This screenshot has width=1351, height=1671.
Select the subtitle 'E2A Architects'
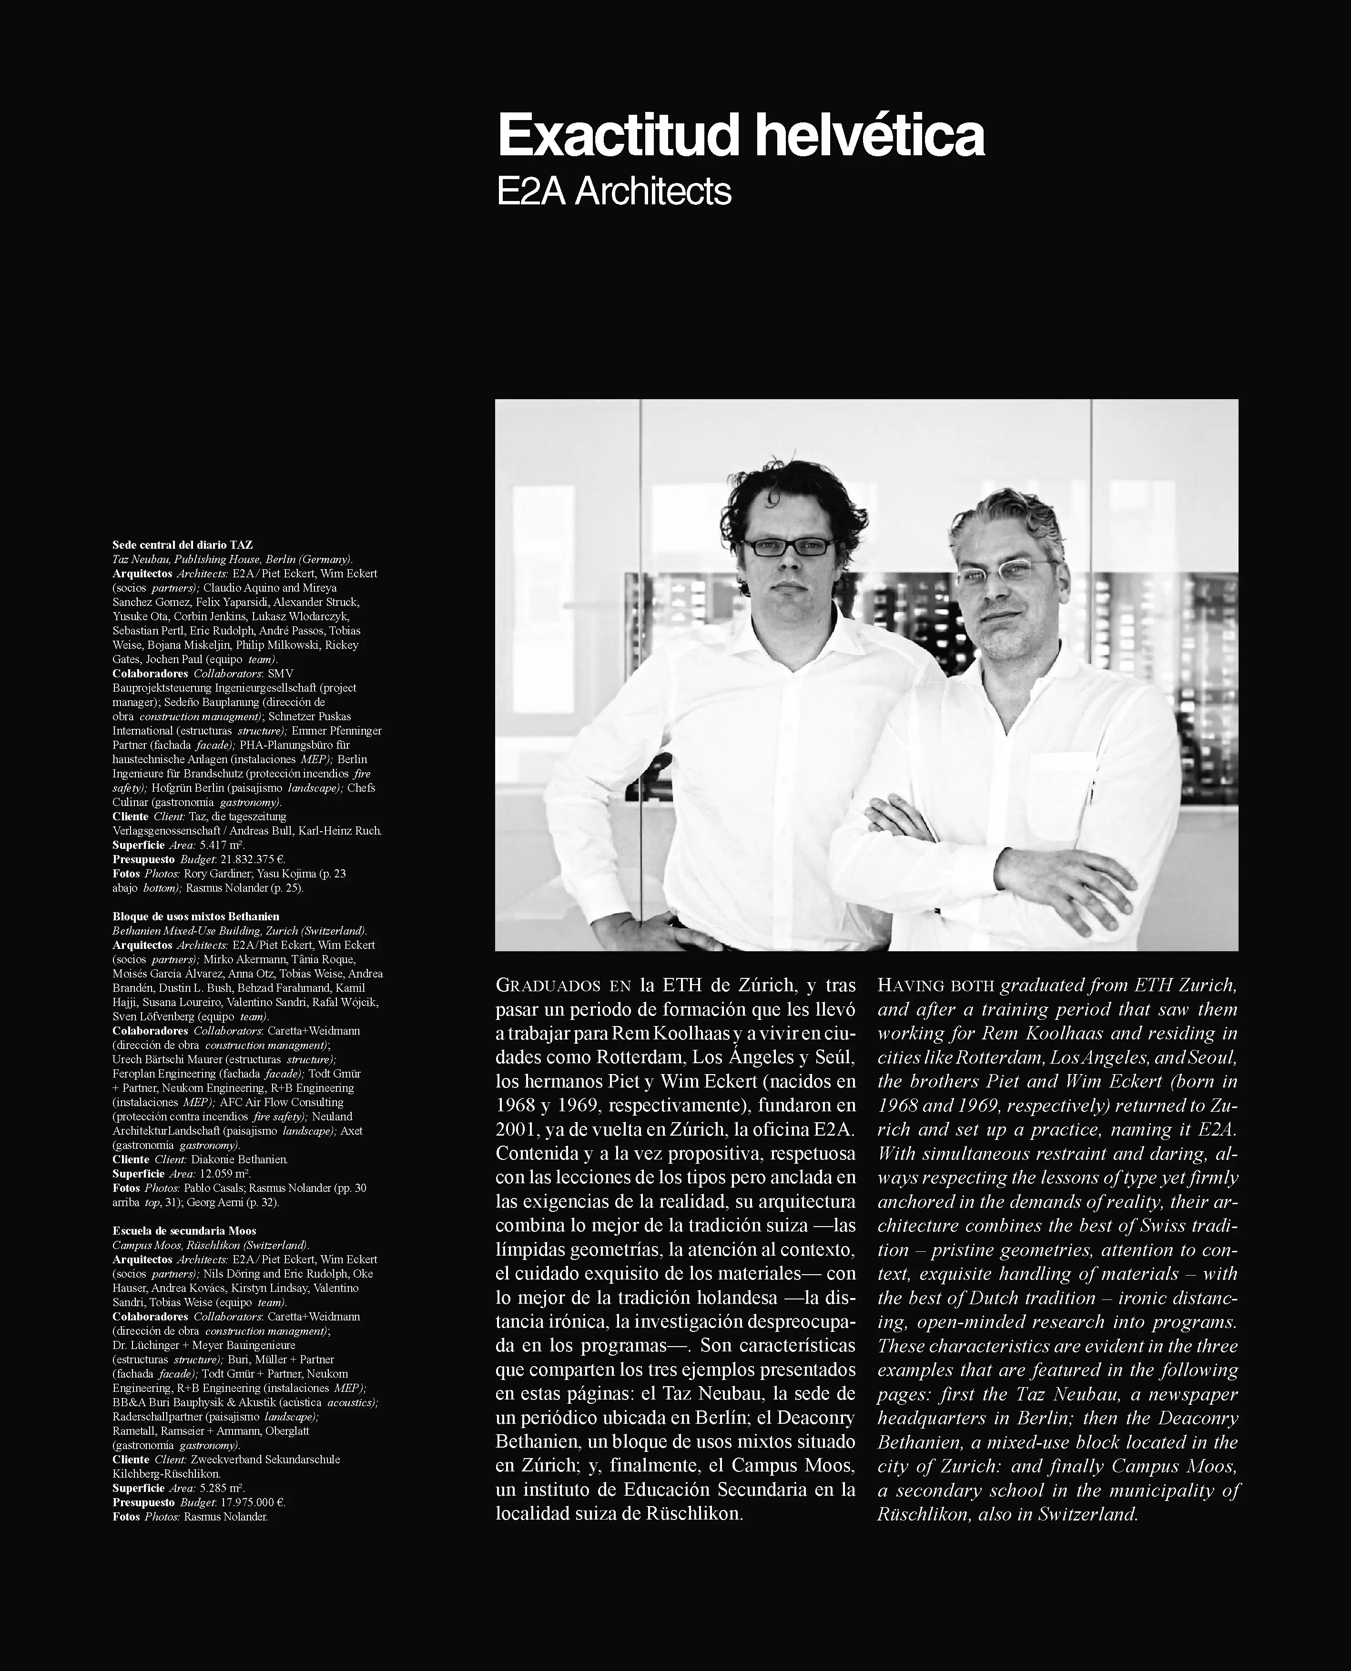pos(614,192)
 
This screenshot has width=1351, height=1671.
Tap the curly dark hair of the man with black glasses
pos(786,490)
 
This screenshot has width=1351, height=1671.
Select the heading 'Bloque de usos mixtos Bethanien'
pos(195,916)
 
